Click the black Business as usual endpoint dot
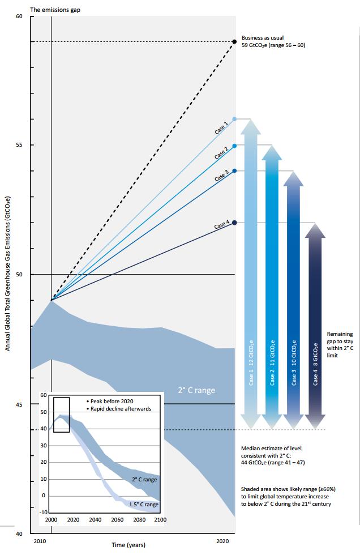(234, 41)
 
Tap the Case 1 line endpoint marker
(234, 119)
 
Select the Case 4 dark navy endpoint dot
(234, 223)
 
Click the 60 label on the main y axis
(19, 16)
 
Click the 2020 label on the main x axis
(223, 541)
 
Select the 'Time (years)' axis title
(128, 545)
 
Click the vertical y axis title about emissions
(8, 274)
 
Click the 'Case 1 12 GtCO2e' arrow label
(251, 363)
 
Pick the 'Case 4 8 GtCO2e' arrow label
(315, 363)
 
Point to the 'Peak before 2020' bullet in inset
(112, 400)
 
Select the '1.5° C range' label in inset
(143, 504)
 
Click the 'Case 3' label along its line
(221, 176)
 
